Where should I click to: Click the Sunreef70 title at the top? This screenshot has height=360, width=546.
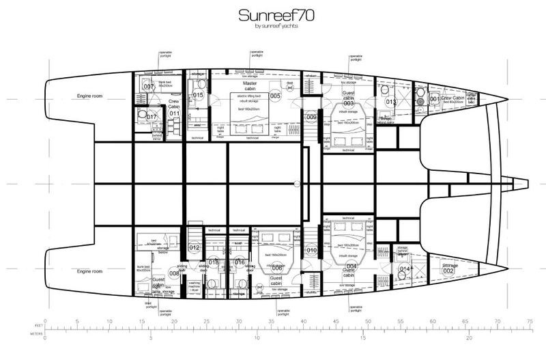[x=272, y=15]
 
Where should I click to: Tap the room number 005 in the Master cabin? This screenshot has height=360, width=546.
[x=275, y=96]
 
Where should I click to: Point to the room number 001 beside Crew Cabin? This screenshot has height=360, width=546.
[x=432, y=100]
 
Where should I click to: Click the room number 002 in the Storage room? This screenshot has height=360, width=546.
[x=448, y=271]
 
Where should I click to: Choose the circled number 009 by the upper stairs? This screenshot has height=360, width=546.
[x=312, y=118]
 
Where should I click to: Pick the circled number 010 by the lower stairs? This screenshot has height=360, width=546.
[x=312, y=251]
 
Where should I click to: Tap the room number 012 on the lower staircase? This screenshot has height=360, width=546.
[x=194, y=247]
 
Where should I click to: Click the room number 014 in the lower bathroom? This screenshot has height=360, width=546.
[x=405, y=269]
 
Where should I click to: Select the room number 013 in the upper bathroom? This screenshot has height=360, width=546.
[x=391, y=102]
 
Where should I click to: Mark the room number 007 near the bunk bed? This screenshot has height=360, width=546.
[x=147, y=87]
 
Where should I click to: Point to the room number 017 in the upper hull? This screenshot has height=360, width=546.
[x=151, y=116]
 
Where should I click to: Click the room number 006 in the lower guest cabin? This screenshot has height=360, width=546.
[x=277, y=269]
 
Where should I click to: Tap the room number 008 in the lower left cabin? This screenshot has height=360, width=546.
[x=174, y=273]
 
